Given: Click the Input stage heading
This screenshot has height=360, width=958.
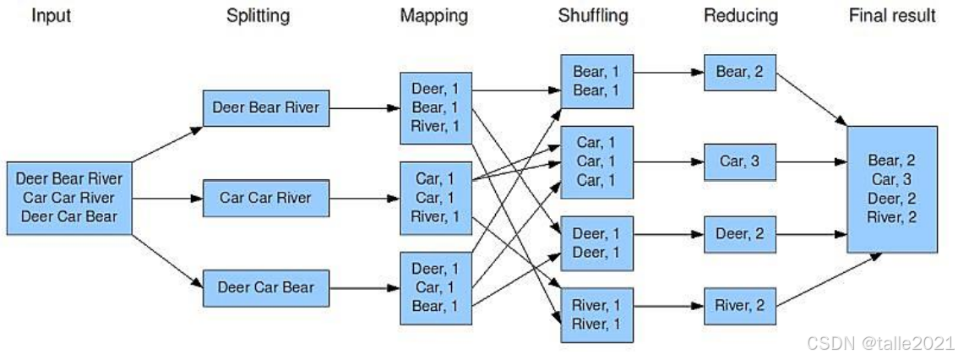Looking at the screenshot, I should [x=51, y=16].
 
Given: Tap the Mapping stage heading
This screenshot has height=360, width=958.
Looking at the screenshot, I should [x=433, y=16].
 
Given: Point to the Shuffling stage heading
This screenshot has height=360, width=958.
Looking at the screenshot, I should [x=594, y=16].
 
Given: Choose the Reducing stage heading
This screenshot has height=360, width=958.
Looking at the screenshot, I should [x=739, y=16].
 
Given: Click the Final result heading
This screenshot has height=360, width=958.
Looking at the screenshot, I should [x=891, y=16].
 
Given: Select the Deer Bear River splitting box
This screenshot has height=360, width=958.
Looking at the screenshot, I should [x=265, y=108].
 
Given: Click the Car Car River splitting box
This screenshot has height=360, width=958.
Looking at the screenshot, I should [x=265, y=199].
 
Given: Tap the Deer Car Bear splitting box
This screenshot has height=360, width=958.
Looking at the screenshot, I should [x=265, y=287].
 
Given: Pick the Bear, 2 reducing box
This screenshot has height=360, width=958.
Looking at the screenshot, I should [x=739, y=72].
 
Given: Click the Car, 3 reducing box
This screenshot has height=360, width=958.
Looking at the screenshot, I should [x=739, y=161].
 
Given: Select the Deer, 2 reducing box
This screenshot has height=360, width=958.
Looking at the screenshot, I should [x=739, y=234].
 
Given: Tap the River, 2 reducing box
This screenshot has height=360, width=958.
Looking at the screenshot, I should [x=739, y=306].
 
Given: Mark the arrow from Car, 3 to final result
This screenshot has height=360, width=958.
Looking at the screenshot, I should [x=811, y=162].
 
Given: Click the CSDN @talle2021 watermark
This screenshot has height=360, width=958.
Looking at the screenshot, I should [x=879, y=343].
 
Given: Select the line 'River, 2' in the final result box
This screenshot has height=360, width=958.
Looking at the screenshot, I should [x=891, y=216].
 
